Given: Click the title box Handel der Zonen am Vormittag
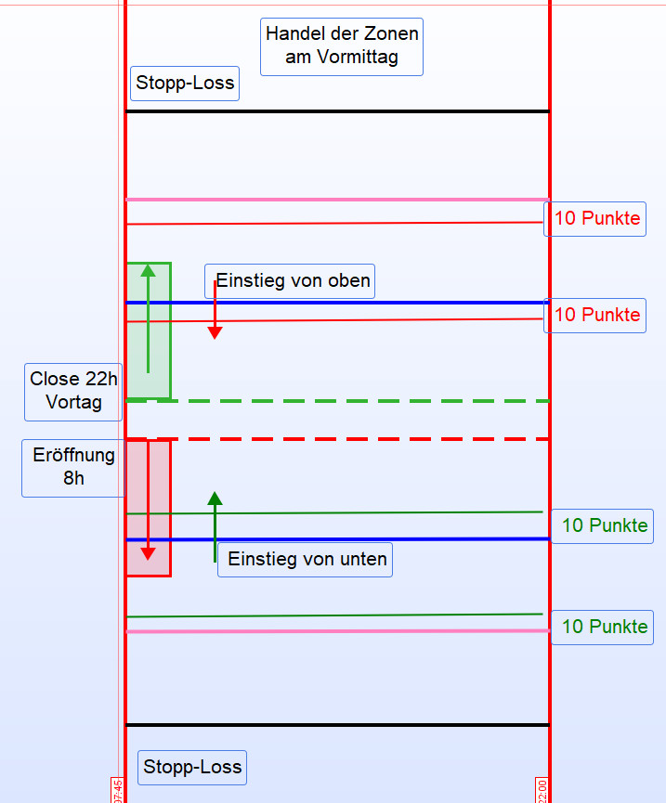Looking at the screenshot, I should tap(342, 46).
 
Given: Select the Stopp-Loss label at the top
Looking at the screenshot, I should tap(186, 84).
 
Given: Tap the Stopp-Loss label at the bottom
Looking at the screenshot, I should tap(192, 768).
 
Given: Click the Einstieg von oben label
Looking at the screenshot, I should tap(294, 280).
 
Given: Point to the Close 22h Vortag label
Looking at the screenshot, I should tap(74, 392).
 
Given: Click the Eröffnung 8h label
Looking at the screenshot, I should tap(73, 468).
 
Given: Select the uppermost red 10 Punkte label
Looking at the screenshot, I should tap(596, 219).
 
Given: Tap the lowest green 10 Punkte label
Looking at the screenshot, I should tap(604, 627).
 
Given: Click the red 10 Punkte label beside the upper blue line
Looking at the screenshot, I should tap(596, 315).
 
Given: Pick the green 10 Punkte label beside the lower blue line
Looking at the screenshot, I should tap(604, 525).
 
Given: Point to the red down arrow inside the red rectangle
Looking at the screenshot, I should tap(148, 501).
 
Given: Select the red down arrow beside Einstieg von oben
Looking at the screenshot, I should tap(215, 311).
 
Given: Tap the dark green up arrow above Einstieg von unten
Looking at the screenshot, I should tap(215, 525).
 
